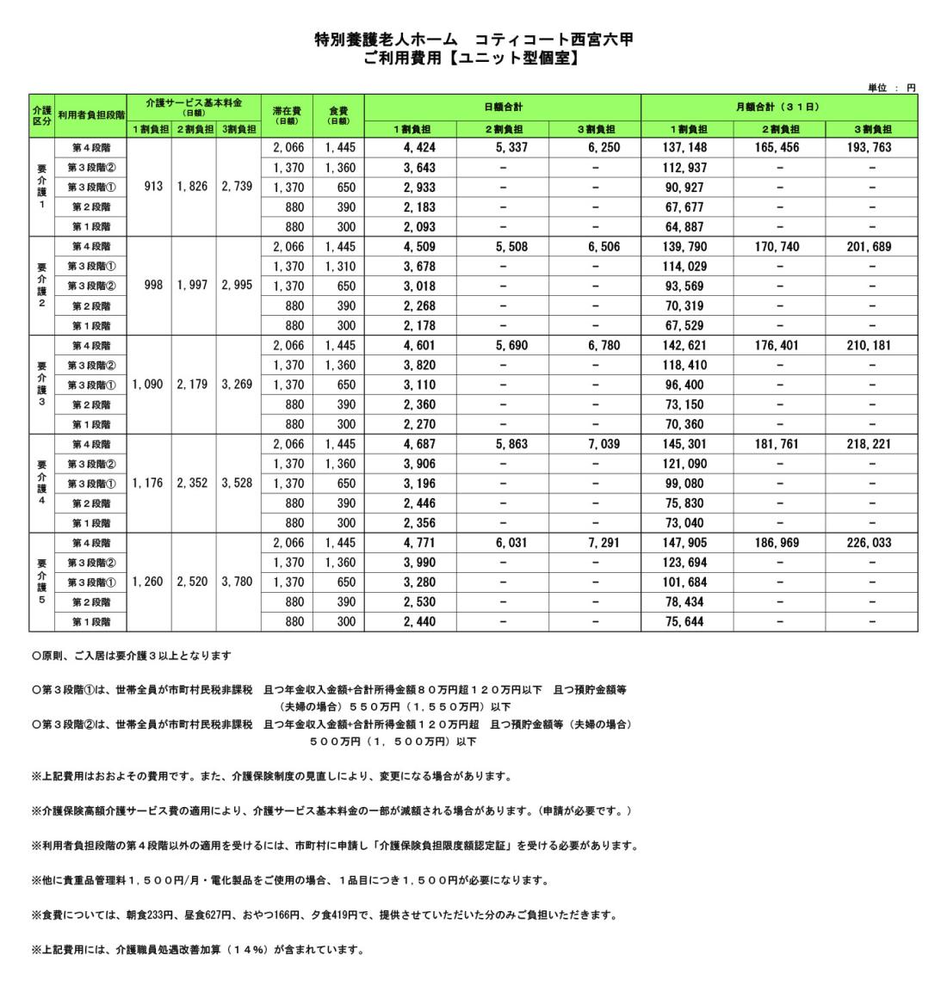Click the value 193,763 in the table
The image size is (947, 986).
(871, 148)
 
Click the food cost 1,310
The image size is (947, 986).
(338, 267)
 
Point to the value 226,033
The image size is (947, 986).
(871, 544)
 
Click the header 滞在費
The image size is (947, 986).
(287, 110)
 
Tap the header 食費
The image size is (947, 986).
(338, 110)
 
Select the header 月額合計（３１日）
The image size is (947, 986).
(778, 108)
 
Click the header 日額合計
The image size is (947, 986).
(503, 108)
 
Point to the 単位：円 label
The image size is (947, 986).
(892, 87)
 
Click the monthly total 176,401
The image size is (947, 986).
(778, 346)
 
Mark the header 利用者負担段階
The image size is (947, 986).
(91, 114)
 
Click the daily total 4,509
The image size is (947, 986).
(411, 247)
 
